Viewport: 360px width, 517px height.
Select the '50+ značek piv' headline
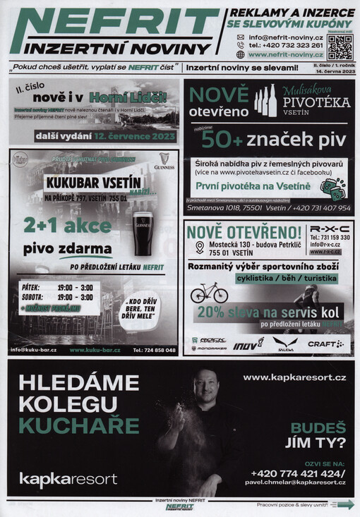tap(272, 140)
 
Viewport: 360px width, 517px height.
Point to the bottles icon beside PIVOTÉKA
tap(265, 100)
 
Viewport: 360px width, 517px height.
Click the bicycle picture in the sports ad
tap(209, 291)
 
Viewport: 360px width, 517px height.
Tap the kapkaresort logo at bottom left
tap(68, 479)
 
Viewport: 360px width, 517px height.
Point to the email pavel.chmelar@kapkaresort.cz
tap(295, 482)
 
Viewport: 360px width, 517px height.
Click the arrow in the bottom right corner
tap(344, 504)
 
